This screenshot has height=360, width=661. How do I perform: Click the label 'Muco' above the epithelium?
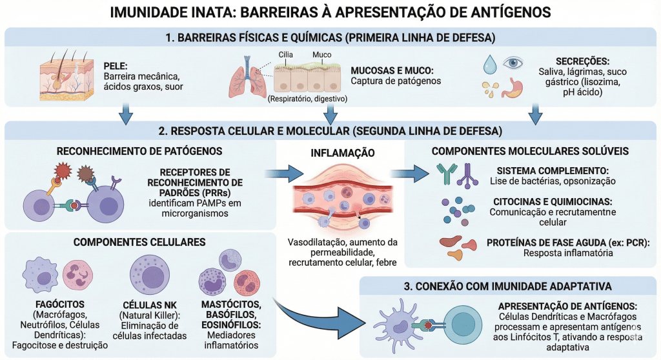(321, 55)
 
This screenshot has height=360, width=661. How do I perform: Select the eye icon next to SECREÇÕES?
(513, 63)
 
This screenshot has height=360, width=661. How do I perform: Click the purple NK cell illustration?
(150, 274)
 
